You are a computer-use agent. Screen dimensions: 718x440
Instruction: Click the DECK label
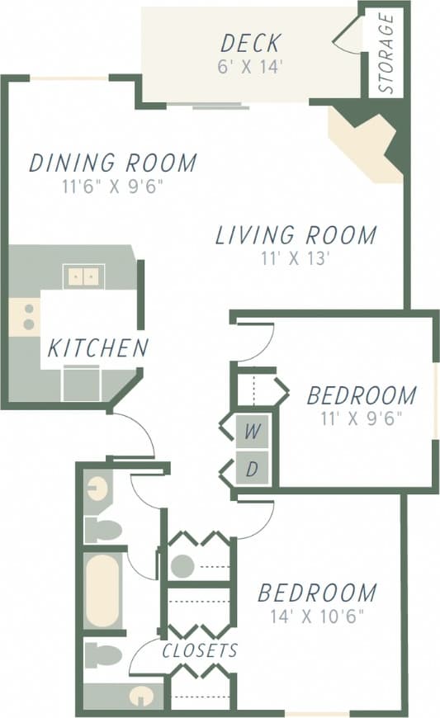[250, 42]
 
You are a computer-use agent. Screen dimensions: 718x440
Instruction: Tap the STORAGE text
[385, 54]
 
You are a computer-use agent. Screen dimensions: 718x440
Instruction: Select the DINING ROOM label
[112, 163]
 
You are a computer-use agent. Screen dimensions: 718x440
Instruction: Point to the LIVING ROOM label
[296, 235]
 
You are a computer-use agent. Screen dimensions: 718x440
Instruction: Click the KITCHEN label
[97, 348]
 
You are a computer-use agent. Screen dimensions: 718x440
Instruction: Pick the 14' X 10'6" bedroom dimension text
[317, 616]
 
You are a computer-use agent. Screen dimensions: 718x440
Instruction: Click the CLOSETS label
[200, 650]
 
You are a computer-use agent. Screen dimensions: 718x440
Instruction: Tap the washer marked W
[253, 431]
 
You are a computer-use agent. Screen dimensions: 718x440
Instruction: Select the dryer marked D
[253, 470]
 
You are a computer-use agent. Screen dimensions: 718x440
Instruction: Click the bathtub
[103, 591]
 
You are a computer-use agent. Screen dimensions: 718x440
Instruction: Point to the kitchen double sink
[83, 276]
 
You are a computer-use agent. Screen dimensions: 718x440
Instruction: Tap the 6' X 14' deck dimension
[250, 67]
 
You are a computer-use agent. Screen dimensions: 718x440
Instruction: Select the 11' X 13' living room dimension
[296, 258]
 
